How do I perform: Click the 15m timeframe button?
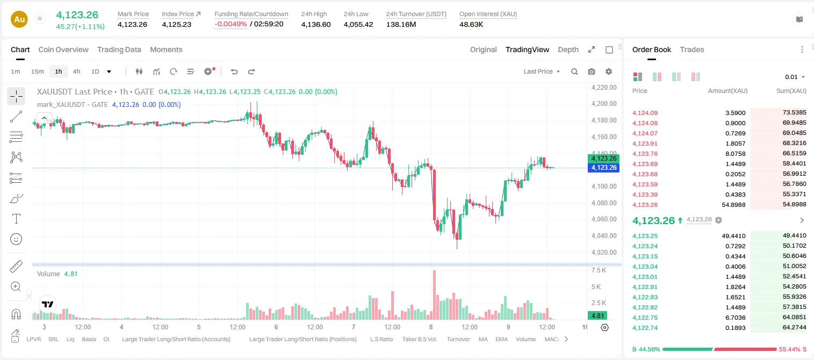coord(37,71)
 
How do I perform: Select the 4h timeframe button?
coord(76,71)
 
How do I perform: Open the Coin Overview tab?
coord(63,50)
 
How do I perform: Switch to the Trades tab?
coord(692,50)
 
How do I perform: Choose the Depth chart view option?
coord(568,50)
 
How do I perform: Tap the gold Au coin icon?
coord(19,19)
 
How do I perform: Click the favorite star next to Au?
coord(40,19)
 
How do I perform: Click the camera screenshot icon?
coord(592,71)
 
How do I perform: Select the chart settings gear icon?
coord(609,71)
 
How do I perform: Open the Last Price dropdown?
coord(542,71)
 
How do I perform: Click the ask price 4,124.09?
coord(645,113)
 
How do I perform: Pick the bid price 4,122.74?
coord(645,328)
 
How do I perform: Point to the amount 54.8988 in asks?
coord(733,205)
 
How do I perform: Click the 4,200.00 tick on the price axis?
coord(604,104)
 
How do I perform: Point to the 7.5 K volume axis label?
coord(599,270)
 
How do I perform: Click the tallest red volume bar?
coord(434,295)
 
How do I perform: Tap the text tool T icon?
coord(16,219)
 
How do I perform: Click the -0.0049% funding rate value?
coord(230,24)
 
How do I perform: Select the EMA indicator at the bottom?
coord(501,339)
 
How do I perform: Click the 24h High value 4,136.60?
coord(316,25)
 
